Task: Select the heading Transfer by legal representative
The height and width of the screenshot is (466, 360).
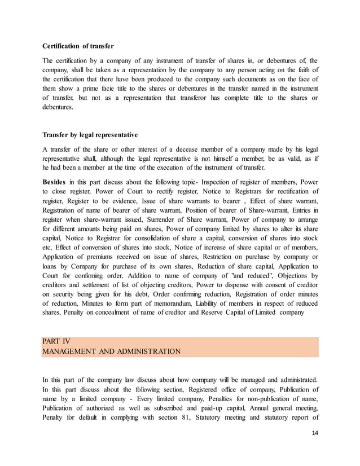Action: tap(90, 135)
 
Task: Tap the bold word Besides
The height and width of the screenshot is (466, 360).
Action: tap(54, 183)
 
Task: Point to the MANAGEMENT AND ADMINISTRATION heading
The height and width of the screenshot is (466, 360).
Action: tap(111, 351)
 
